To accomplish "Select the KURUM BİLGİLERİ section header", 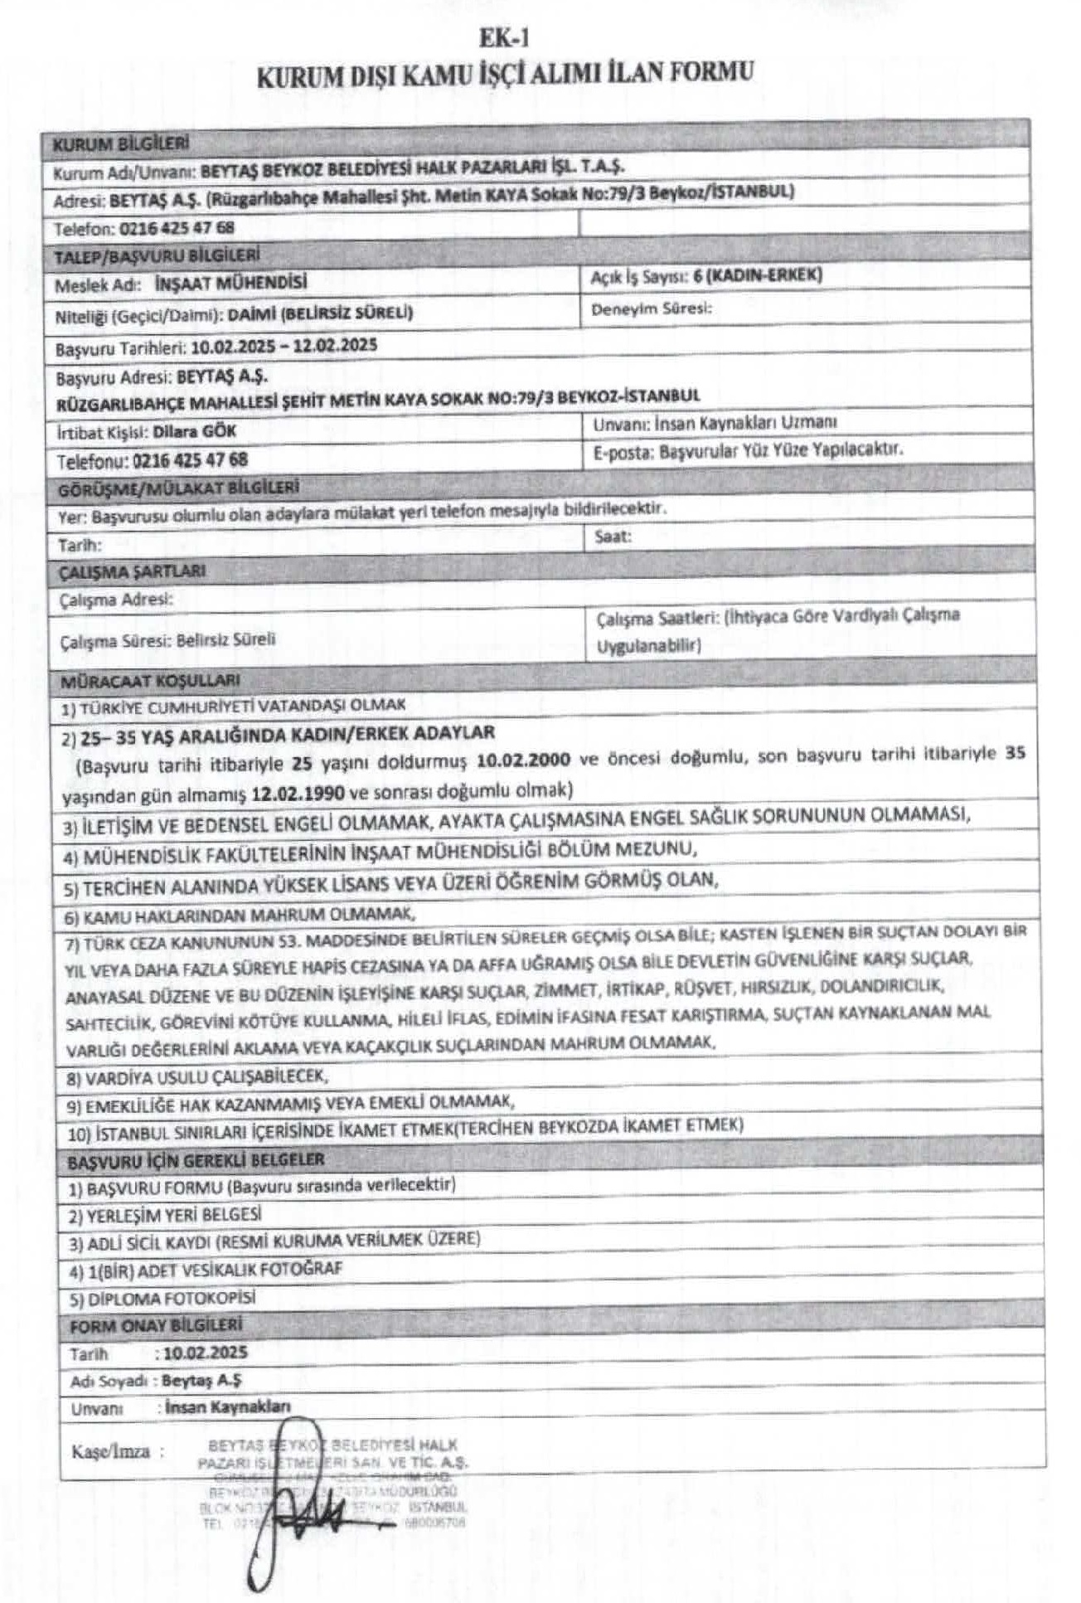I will click(x=121, y=143).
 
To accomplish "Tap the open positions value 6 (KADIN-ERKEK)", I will click(x=758, y=275).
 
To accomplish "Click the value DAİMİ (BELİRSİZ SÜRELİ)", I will click(x=320, y=313).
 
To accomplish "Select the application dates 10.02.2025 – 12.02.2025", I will click(x=284, y=346).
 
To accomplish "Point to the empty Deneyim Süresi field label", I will click(x=652, y=309).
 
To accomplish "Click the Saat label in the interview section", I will click(x=613, y=537).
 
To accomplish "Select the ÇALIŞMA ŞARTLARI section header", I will click(x=133, y=571).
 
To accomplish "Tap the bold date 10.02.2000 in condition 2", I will click(x=524, y=759).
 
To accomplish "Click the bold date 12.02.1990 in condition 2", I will click(x=298, y=793).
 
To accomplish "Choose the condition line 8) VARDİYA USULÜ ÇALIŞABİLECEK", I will click(x=197, y=1076).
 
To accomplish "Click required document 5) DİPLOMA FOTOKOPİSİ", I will click(x=162, y=1298).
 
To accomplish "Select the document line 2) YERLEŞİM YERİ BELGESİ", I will click(x=165, y=1215).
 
